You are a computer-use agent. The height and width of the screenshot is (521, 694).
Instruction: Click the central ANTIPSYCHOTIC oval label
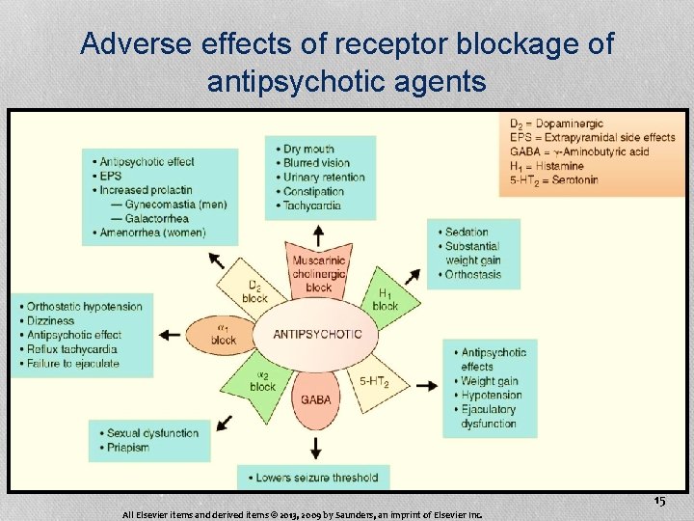[x=318, y=334]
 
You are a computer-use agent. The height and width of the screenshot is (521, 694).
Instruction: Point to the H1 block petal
[x=385, y=299]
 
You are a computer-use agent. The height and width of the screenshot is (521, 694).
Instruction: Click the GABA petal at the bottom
[x=316, y=399]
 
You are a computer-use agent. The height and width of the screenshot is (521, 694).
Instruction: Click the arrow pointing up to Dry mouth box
[x=319, y=233]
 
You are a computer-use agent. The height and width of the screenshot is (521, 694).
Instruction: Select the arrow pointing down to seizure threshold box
[x=316, y=447]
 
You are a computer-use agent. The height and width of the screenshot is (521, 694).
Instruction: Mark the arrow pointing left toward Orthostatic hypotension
[x=170, y=335]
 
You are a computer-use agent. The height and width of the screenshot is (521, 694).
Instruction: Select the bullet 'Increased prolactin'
[x=146, y=190]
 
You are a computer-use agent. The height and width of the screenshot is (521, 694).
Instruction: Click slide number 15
[x=659, y=502]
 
